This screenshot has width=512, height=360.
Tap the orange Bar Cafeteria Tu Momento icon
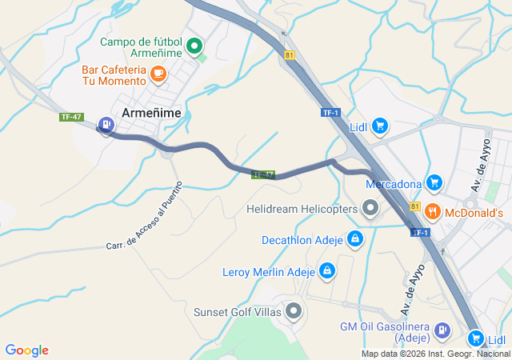[x=158, y=74]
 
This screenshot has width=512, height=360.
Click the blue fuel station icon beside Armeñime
[x=106, y=124]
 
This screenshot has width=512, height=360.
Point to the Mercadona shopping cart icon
[x=434, y=183]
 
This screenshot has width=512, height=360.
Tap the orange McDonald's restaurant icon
[x=434, y=212]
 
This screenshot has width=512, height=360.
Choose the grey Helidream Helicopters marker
[x=370, y=210]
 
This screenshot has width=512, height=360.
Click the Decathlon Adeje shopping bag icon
[x=355, y=238]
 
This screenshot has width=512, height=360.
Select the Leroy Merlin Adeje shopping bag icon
[x=326, y=271]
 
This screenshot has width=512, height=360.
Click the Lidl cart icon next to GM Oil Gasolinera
[x=477, y=338]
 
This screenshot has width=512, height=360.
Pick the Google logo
[x=26, y=350]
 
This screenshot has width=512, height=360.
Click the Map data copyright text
[x=435, y=354]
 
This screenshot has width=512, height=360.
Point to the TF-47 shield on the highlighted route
[x=263, y=174]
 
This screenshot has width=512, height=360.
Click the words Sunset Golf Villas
[x=238, y=311]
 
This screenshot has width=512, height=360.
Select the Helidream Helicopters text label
[x=302, y=210]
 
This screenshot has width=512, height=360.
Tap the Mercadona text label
[x=394, y=184]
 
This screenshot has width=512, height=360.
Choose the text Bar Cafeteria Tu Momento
[x=113, y=74]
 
